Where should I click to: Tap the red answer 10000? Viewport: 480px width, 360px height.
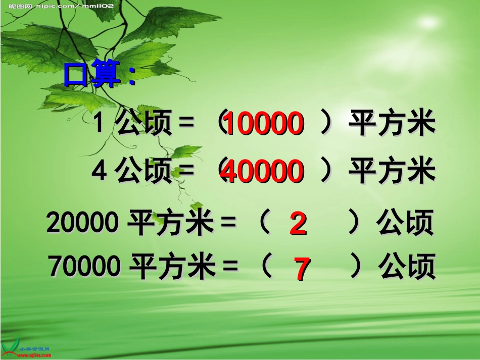[x=263, y=124]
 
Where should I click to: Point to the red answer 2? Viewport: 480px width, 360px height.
[x=298, y=224]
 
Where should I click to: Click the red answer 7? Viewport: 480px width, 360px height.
[x=302, y=269]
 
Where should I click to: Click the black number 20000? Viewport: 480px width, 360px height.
[x=83, y=223]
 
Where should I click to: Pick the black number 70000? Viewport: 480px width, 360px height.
[x=85, y=267]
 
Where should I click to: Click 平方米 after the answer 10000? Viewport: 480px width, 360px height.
[x=392, y=124]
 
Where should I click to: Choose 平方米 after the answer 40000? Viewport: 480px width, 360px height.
[x=392, y=172]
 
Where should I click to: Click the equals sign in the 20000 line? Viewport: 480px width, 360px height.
[x=228, y=223]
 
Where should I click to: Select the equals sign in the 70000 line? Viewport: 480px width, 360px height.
[x=230, y=267]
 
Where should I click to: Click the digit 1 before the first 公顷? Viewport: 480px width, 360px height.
[x=99, y=124]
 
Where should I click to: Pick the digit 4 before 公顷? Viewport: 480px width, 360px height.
[x=99, y=172]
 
